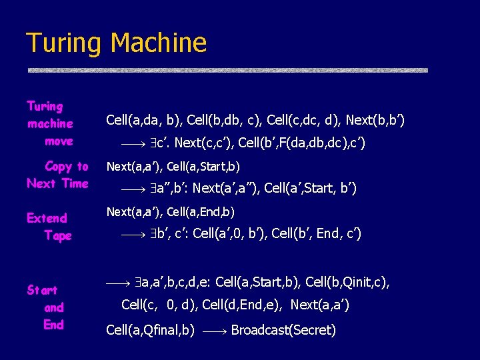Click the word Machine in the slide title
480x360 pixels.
(x=159, y=43)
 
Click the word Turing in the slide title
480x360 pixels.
(x=65, y=43)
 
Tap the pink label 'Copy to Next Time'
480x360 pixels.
(x=58, y=175)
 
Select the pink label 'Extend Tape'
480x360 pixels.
(x=49, y=227)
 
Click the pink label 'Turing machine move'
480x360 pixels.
(x=51, y=123)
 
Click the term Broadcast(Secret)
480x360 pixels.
(x=283, y=330)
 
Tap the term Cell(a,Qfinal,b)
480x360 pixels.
(x=151, y=330)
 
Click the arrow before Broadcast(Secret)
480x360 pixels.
(x=213, y=331)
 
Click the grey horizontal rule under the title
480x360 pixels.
(x=227, y=70)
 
